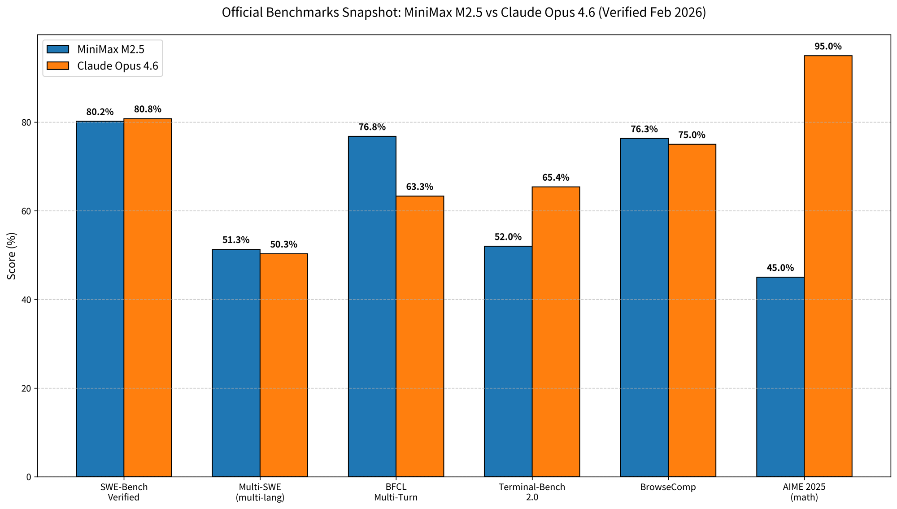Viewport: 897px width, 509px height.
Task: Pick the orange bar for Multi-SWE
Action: tap(283, 365)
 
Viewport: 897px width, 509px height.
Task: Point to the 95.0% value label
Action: tap(827, 47)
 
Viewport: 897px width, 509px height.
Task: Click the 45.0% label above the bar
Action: tap(780, 268)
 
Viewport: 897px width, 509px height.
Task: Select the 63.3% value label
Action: tap(419, 187)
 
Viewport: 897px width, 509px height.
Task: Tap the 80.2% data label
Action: tap(100, 112)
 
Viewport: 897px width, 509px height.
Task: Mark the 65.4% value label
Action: tap(555, 178)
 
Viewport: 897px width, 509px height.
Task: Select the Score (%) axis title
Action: tap(12, 256)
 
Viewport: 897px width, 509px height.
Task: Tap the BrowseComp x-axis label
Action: tap(668, 487)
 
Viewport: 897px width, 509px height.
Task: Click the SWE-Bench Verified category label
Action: tap(124, 492)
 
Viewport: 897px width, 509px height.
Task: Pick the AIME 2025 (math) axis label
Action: tap(804, 492)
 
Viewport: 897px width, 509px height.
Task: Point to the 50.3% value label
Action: tap(283, 245)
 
